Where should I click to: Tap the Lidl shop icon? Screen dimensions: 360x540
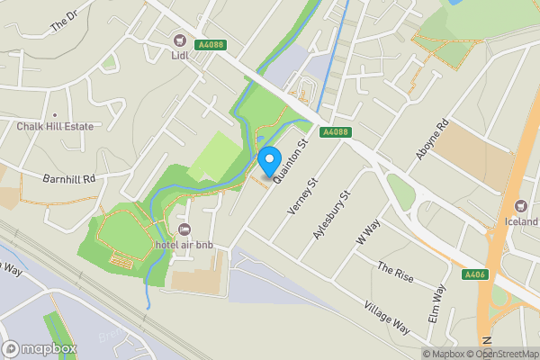(x=179, y=40)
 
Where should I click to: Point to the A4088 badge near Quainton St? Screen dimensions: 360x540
(x=335, y=132)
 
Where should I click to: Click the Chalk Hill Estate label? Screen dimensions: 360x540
(x=55, y=126)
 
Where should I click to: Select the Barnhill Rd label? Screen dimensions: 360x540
(x=69, y=178)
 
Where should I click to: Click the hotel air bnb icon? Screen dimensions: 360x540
(x=185, y=229)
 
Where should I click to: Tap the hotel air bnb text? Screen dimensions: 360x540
(x=184, y=245)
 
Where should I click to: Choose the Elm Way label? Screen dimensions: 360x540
(x=438, y=304)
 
